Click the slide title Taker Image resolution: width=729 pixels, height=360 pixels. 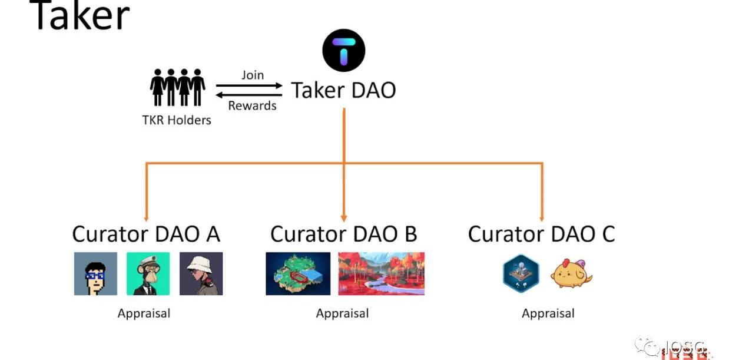(79, 16)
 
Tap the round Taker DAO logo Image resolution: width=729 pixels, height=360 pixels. (343, 51)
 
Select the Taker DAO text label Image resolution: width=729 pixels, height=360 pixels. (343, 90)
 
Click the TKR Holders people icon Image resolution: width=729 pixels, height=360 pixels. (177, 87)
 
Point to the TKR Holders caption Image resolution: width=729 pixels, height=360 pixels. (177, 120)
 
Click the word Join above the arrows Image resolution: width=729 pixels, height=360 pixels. (252, 75)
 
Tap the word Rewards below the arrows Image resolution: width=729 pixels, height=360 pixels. (252, 106)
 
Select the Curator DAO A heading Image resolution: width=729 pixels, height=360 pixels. (146, 235)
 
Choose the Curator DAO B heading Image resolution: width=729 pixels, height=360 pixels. (343, 235)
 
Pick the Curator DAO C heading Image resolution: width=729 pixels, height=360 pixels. (541, 235)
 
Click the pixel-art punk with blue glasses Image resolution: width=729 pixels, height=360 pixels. (95, 273)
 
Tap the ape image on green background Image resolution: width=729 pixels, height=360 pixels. (148, 273)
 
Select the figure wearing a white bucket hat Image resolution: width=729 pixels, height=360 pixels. (201, 273)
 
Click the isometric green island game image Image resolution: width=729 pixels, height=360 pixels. (297, 273)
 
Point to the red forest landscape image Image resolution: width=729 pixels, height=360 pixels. (381, 273)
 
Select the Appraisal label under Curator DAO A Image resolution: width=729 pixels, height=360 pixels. (144, 313)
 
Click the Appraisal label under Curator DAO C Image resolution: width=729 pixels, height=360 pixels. (548, 313)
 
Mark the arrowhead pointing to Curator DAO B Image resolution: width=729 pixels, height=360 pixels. (344, 217)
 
